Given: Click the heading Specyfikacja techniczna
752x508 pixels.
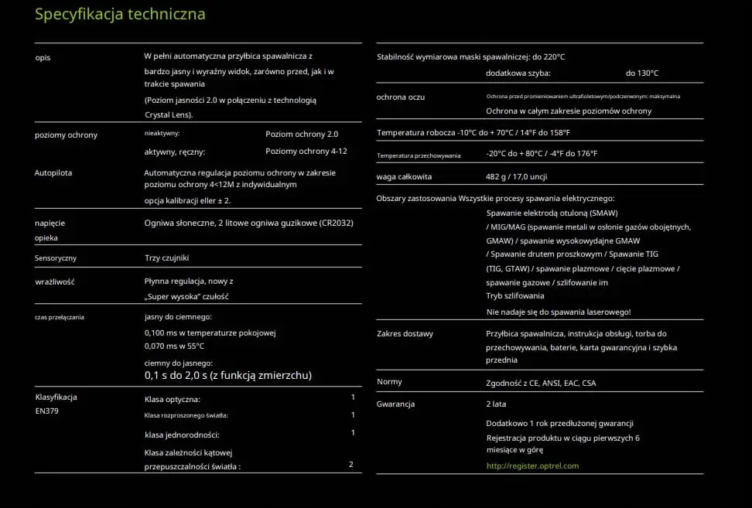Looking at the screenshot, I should pos(120,15).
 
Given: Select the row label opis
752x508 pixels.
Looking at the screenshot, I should pos(43,57).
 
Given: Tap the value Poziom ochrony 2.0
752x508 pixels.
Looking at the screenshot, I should pos(302,134).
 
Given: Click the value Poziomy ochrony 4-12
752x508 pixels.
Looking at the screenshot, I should pos(306,152).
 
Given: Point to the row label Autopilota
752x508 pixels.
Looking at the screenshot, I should pos(53,172).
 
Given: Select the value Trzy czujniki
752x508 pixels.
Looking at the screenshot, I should pos(167,257).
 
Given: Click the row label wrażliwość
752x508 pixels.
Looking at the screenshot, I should pos(54,281).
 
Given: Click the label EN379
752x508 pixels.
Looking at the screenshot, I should pos(46,411).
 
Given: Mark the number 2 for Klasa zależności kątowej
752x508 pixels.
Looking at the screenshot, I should pos(351,464).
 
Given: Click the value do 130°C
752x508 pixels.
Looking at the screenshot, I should pos(642,73).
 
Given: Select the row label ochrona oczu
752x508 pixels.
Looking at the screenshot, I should pos(401,97).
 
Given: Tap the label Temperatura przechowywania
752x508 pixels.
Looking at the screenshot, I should pos(419,155).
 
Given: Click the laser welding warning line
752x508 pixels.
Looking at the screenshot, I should pos(559,312).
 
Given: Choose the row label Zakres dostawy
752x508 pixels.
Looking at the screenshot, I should pos(405,333).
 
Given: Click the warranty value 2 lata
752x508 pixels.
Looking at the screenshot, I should pos(496,404).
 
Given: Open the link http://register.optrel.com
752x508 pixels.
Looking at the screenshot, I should pos(532,465).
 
